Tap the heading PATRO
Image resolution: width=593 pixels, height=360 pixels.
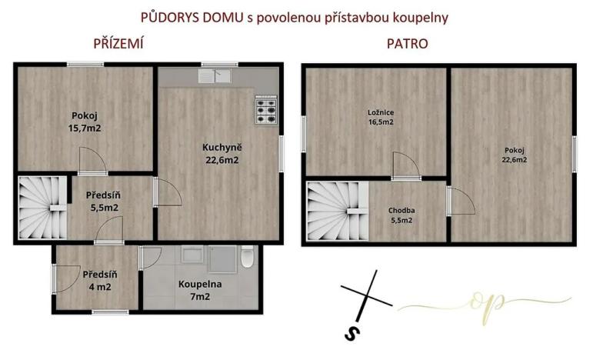click(x=408, y=44)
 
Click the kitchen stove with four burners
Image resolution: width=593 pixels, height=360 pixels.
click(x=265, y=111)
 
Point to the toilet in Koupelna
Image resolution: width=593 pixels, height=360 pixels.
click(x=247, y=258)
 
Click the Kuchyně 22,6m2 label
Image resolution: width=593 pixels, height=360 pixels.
click(x=222, y=154)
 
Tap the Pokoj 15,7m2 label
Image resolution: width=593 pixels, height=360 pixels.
click(x=85, y=123)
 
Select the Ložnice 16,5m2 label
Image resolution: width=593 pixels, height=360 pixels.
click(x=381, y=117)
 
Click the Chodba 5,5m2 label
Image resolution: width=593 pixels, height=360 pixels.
click(x=400, y=215)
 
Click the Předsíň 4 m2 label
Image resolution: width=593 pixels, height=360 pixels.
click(x=98, y=281)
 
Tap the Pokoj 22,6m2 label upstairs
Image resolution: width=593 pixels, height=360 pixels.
click(x=515, y=155)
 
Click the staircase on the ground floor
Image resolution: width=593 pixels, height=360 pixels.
click(x=42, y=206)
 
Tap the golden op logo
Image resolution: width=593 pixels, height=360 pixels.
click(x=485, y=302)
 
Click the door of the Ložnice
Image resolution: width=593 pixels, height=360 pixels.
click(x=401, y=165)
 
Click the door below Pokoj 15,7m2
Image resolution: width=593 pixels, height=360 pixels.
click(x=92, y=161)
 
